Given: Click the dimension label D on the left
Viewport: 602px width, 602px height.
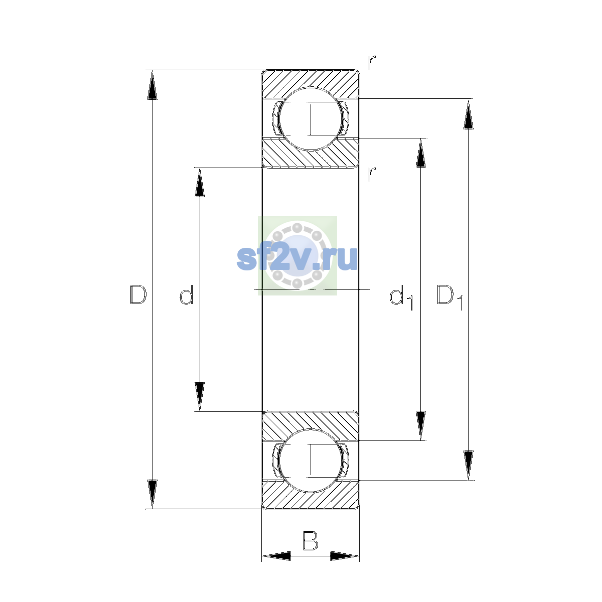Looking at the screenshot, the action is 138,294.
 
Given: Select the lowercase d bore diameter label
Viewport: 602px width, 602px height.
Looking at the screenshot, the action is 187,294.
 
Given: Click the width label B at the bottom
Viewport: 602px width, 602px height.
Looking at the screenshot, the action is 310,541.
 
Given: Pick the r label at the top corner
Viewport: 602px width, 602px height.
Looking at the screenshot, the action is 371,62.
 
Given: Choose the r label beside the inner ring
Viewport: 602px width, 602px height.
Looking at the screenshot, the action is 371,174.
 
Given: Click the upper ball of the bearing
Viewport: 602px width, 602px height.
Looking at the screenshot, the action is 310,119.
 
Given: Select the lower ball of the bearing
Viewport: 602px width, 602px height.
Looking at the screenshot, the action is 310,461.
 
